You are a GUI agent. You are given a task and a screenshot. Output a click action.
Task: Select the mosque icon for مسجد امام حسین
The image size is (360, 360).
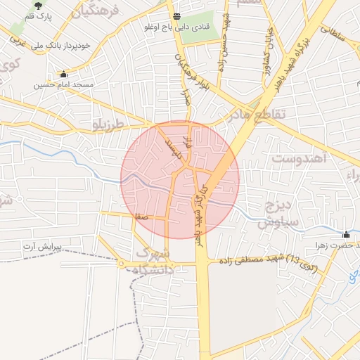(64, 74)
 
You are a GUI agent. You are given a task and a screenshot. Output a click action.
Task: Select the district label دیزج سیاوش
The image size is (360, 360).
(278, 214)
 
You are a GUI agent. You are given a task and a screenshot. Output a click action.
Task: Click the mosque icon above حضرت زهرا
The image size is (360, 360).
(346, 235)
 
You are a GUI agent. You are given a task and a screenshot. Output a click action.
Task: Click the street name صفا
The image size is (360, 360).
(141, 217)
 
